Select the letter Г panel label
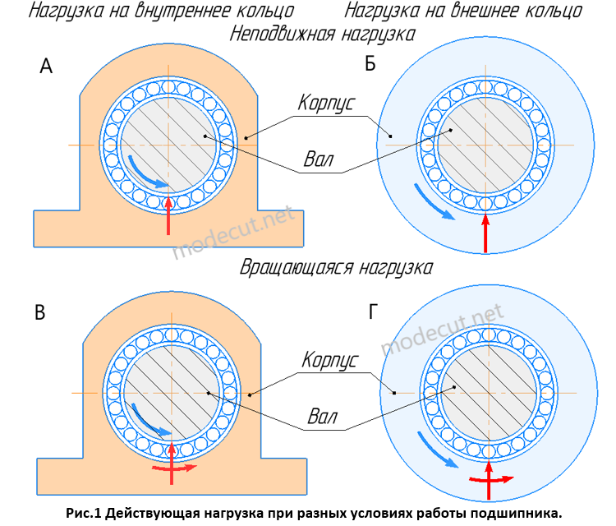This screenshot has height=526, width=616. click(375, 311)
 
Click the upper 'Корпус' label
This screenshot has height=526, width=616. click(326, 104)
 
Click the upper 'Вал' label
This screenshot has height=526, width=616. click(318, 159)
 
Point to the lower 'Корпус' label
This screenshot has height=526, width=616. click(329, 361)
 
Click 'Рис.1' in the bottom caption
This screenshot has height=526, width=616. click(85, 513)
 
